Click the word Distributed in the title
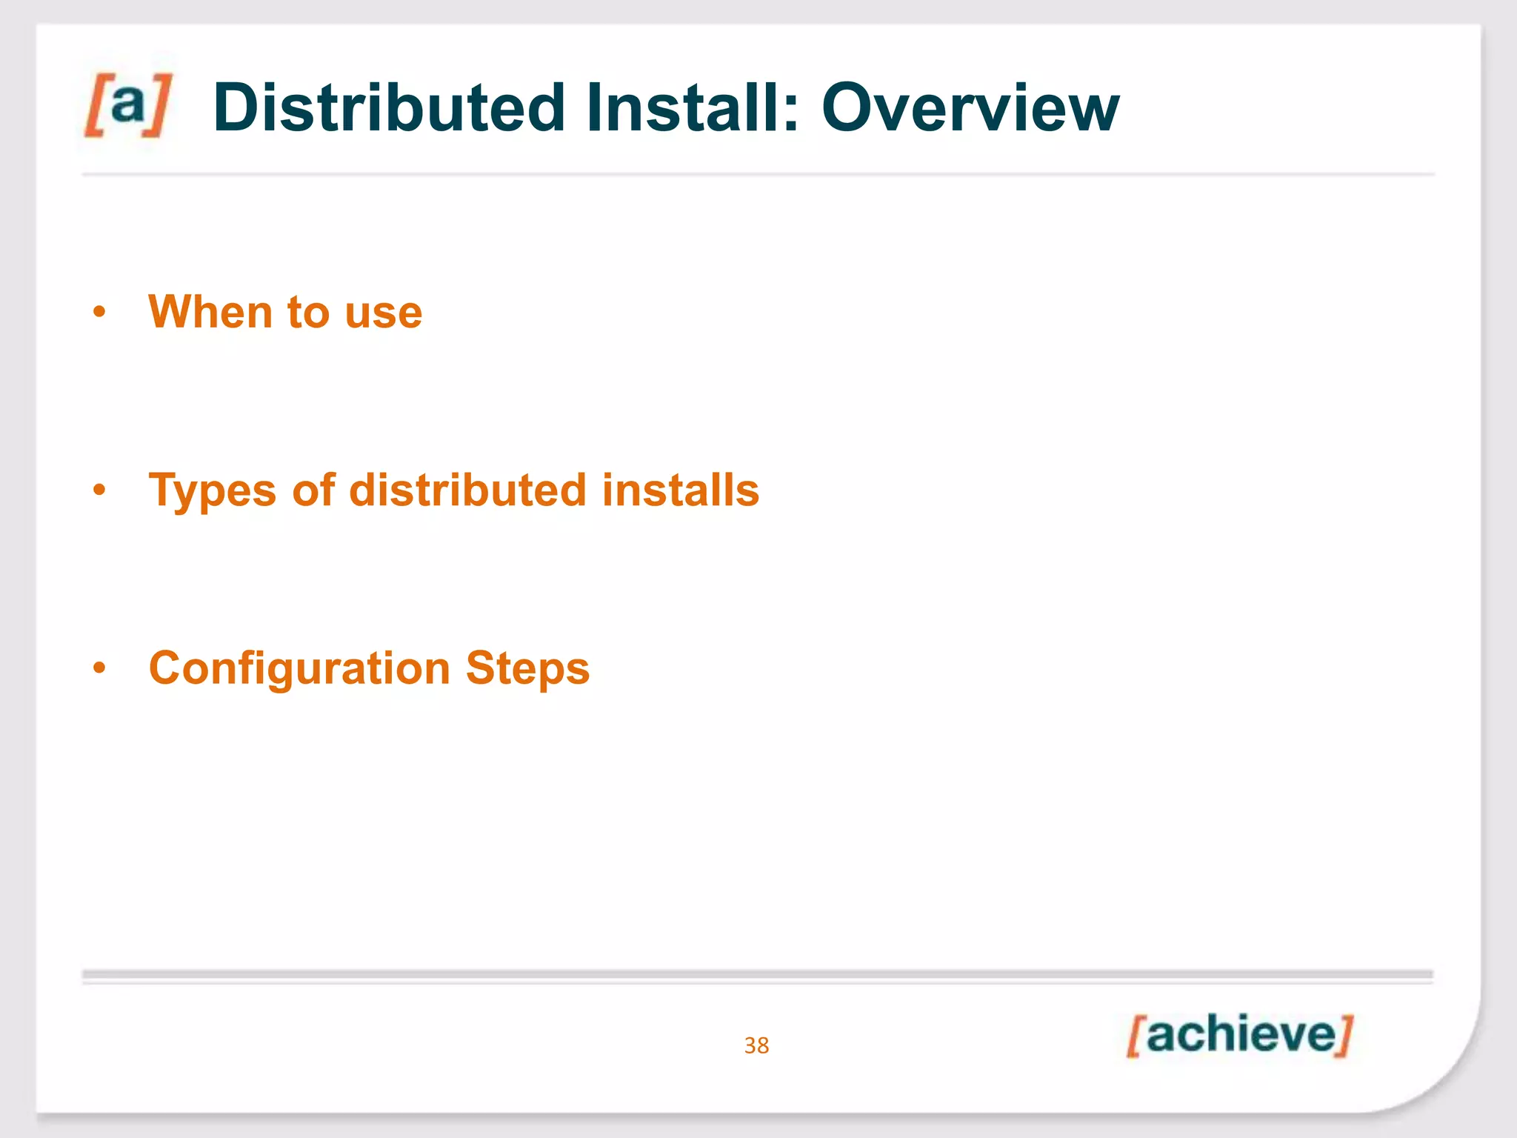coord(389,108)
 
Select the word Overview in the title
coord(970,108)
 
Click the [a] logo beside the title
coord(127,105)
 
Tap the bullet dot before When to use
coord(99,313)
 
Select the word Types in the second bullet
coord(212,490)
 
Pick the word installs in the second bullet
coord(680,490)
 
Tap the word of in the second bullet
coord(313,490)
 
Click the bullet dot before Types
coord(99,490)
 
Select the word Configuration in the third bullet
coord(299,668)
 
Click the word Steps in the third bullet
coord(527,668)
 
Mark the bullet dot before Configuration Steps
coord(99,669)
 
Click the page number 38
coord(756,1045)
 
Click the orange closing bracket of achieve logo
coord(1344,1036)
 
